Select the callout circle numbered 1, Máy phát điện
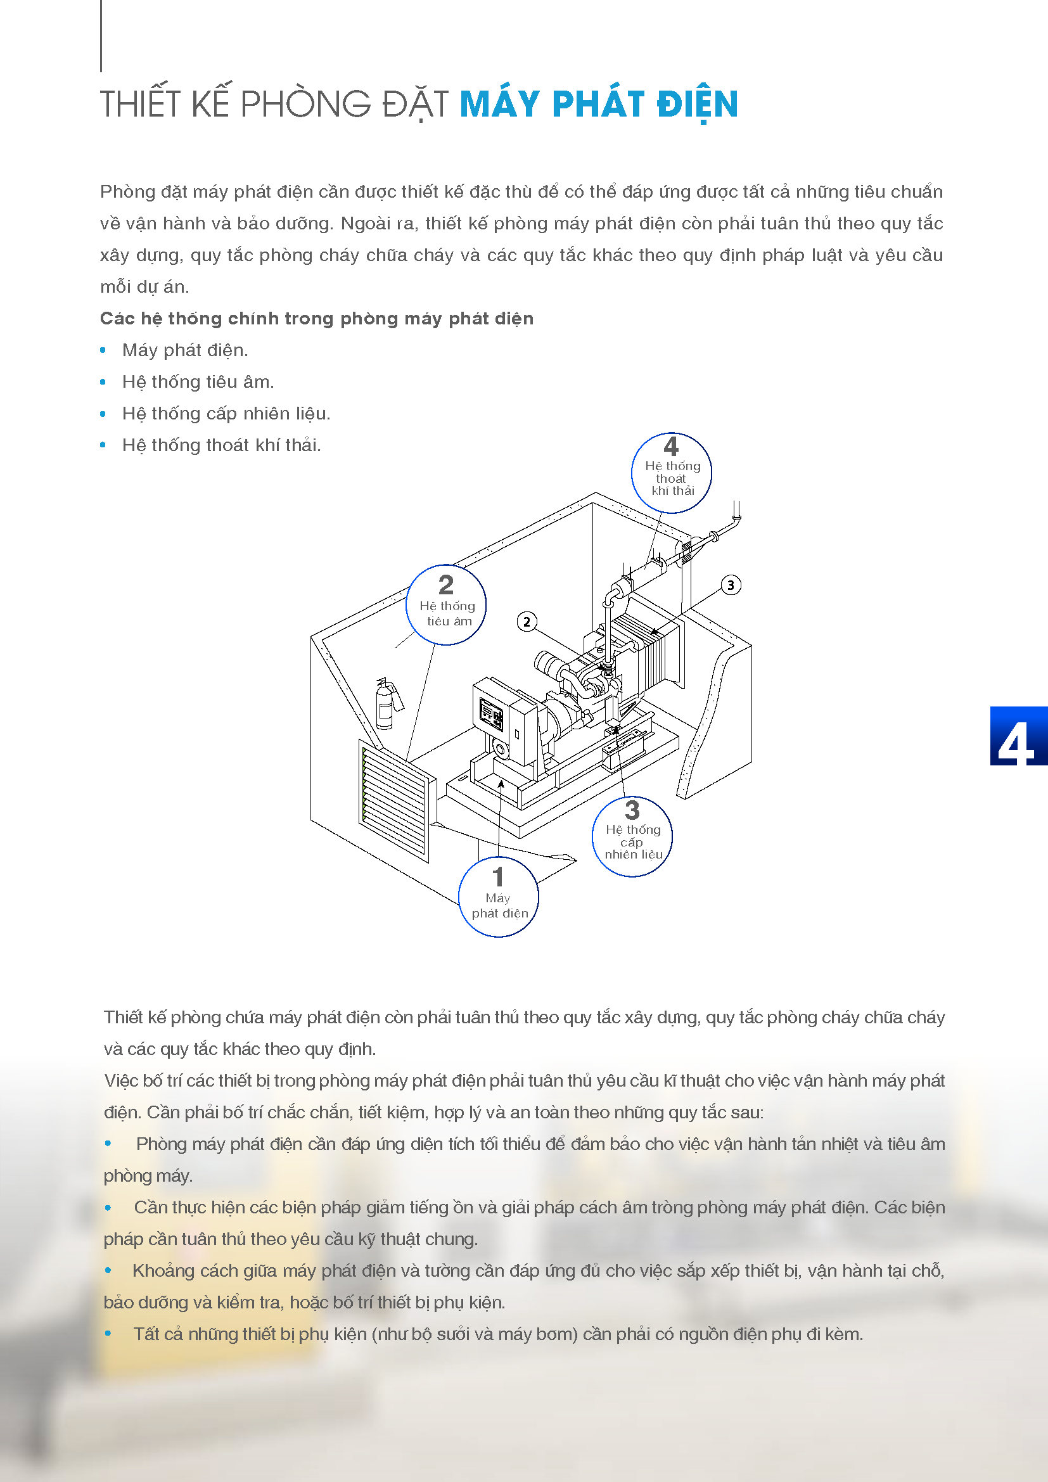click(498, 896)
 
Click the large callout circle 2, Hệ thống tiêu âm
click(446, 605)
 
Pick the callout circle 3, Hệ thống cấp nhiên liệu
click(632, 836)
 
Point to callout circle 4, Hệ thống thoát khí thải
click(671, 473)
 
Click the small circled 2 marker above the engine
click(527, 622)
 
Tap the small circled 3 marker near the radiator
click(731, 585)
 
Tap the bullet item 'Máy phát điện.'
click(184, 350)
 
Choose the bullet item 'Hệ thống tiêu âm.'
click(198, 382)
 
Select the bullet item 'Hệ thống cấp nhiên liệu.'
click(226, 414)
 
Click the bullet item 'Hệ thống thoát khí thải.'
click(221, 445)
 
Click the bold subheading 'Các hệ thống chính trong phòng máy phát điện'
click(316, 319)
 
